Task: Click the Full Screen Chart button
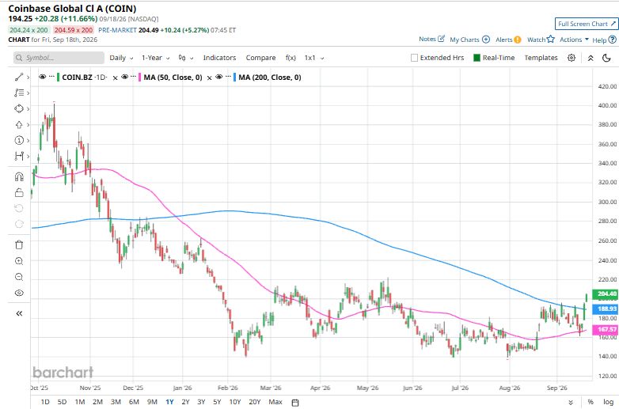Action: [587, 24]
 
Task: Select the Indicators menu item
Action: [219, 58]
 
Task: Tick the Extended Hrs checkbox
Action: [414, 58]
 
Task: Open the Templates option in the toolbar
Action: [541, 58]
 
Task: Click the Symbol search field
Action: [59, 58]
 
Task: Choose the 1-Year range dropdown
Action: [155, 58]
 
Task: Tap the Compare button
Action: [260, 58]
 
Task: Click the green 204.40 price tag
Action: [606, 293]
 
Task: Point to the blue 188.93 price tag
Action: [606, 309]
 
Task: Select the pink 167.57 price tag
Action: [606, 329]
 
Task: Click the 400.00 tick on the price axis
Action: [607, 105]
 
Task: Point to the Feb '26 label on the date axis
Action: [228, 388]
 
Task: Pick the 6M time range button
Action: [134, 402]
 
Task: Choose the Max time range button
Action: [275, 402]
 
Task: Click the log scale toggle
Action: [608, 402]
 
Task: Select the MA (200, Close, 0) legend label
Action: [270, 78]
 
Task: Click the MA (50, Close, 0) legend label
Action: [173, 78]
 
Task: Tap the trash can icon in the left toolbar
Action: [19, 244]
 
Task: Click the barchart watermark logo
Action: [63, 372]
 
